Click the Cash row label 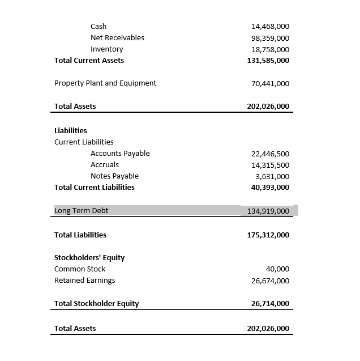coord(98,26)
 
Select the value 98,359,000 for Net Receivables coord(270,38)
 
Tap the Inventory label coord(106,49)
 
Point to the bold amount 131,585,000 coord(268,61)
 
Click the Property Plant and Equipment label coord(105,83)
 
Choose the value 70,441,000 coord(270,84)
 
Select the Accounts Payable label coord(120,154)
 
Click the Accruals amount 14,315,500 coord(270,165)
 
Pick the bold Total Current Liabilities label coord(95,187)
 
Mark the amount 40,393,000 coord(270,188)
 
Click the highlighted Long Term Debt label coord(81,211)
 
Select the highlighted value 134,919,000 coord(268,211)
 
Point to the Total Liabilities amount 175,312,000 coord(268,235)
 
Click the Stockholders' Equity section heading coord(89,257)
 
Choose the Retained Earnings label coord(84,281)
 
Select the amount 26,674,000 coord(270,281)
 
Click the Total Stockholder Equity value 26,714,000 coord(270,304)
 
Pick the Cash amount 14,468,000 coord(270,27)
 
